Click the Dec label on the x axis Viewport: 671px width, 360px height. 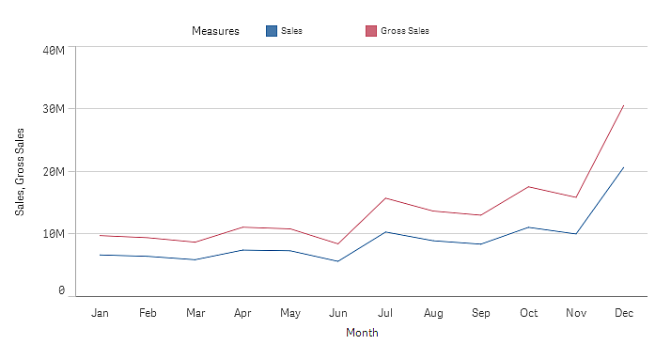coord(623,312)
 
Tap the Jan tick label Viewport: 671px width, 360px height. coord(100,312)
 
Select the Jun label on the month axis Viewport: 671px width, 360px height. coord(337,312)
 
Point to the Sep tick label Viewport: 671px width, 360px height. coord(480,312)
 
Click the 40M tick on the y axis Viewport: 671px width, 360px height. coord(55,49)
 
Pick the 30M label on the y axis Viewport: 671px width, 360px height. coord(55,109)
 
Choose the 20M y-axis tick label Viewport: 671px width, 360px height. coord(55,171)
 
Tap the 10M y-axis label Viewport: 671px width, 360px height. coord(55,233)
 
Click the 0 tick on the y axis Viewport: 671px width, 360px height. coord(61,291)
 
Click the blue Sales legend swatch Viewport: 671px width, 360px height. coord(272,31)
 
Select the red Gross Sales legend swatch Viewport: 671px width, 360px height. coord(370,31)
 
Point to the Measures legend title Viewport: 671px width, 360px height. coord(215,31)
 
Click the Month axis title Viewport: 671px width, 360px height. coord(362,333)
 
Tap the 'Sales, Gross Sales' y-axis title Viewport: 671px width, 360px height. coord(21,171)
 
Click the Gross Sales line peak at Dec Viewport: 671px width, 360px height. coord(623,105)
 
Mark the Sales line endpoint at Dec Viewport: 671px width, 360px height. coord(623,167)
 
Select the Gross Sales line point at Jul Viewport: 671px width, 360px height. coord(385,197)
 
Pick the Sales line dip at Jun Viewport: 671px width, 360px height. coord(337,261)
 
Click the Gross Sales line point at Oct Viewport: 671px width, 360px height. coord(528,186)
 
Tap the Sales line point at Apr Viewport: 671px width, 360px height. coord(242,250)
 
